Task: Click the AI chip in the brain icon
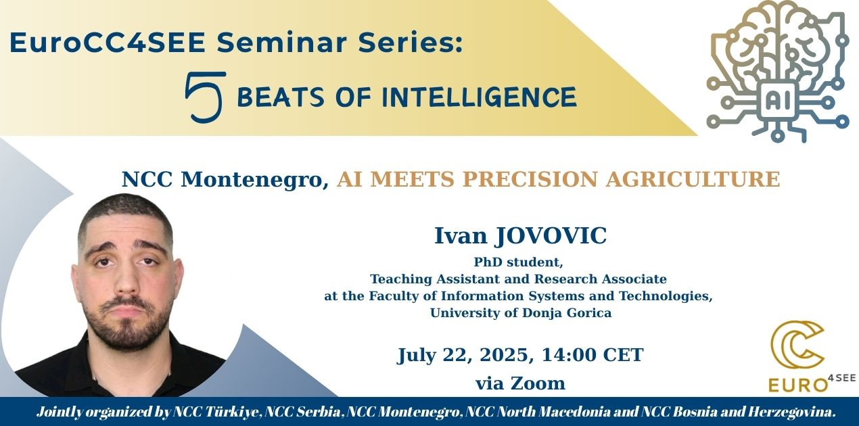pyautogui.click(x=777, y=101)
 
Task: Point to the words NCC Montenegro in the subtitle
pyautogui.click(x=225, y=179)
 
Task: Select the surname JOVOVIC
pyautogui.click(x=551, y=235)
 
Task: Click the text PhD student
pyautogui.click(x=518, y=262)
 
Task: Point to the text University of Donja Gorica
pyautogui.click(x=521, y=313)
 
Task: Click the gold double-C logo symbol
pyautogui.click(x=797, y=344)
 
